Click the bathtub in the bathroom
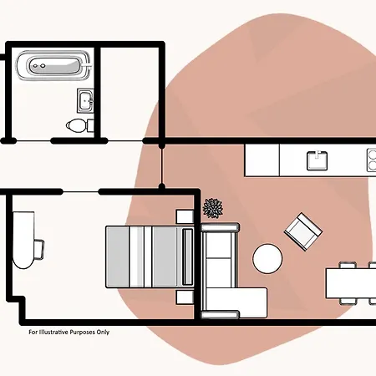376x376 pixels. click(x=53, y=65)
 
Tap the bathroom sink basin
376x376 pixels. click(x=85, y=101)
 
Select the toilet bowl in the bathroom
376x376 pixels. click(x=75, y=125)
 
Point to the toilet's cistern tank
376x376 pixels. click(x=90, y=125)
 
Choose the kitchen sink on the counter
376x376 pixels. click(x=317, y=160)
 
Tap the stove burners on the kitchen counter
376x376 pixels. click(x=371, y=160)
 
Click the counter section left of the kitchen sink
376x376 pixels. click(x=262, y=160)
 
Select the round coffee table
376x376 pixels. click(x=267, y=258)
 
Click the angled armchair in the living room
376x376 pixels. click(x=303, y=231)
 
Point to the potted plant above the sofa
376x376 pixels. click(x=213, y=208)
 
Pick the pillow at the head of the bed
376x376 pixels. click(x=188, y=257)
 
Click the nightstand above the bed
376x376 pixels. click(x=185, y=216)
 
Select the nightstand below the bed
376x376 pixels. click(x=185, y=297)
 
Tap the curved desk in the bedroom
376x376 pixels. click(x=23, y=240)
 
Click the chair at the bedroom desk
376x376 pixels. click(x=39, y=249)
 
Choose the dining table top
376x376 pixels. click(x=351, y=283)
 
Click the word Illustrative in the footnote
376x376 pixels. click(x=53, y=332)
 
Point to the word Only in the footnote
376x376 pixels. click(x=103, y=333)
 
